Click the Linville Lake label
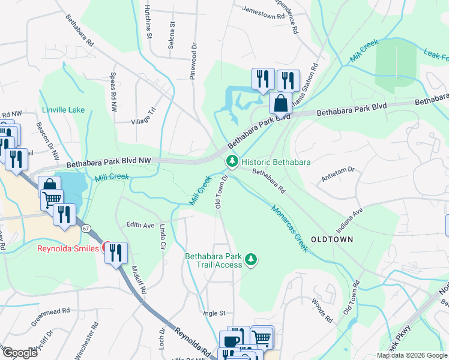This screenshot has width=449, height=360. point(63,110)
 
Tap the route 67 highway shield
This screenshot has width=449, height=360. point(86,228)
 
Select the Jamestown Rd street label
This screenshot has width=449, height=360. point(262,10)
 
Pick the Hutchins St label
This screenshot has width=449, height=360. point(148,23)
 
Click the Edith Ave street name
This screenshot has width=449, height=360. point(140,225)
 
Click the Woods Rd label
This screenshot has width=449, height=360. point(322,311)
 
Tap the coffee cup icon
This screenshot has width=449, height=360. point(231,340)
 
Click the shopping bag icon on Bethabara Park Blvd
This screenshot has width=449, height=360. point(280,103)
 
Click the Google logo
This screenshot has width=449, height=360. point(19,353)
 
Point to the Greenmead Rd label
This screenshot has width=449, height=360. point(51,319)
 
